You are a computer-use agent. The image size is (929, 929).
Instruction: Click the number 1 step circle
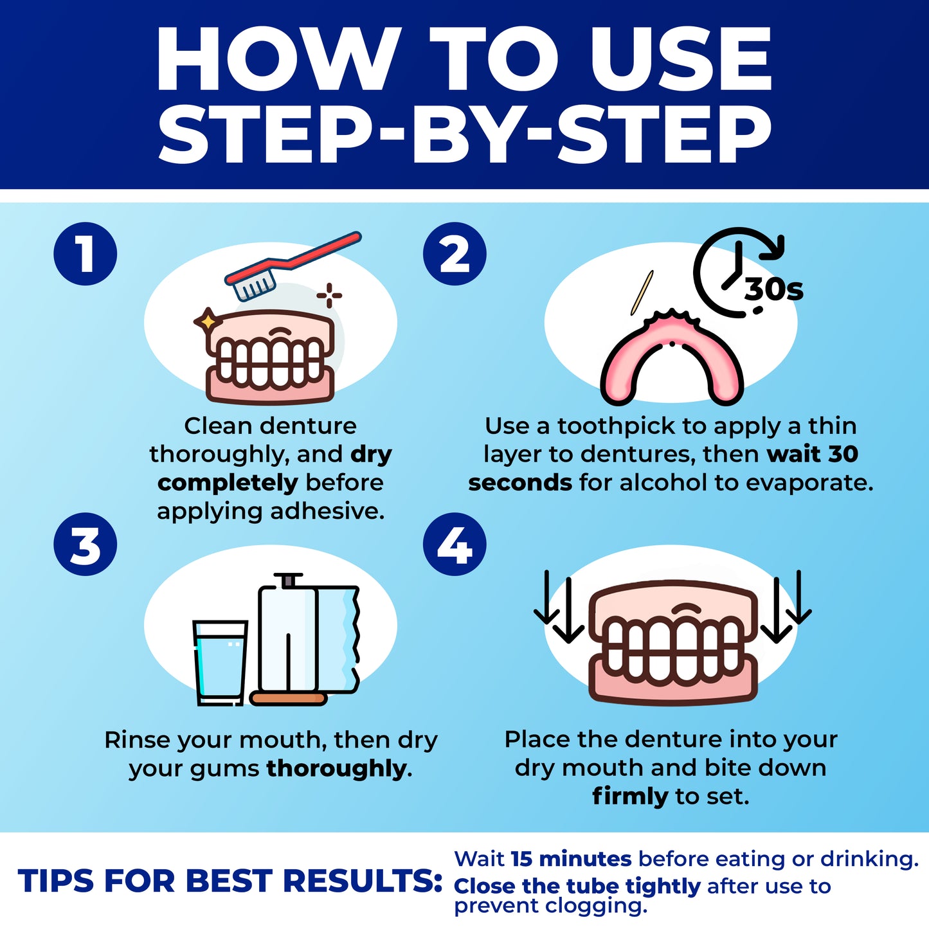tap(85, 254)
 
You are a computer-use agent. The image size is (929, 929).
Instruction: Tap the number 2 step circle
tap(455, 254)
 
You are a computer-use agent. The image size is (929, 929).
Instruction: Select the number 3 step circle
tap(85, 545)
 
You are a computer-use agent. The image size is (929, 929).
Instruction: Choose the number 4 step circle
tap(455, 545)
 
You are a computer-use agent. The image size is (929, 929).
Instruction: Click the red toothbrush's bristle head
tap(254, 284)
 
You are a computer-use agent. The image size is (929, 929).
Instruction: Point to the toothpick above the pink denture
tap(642, 293)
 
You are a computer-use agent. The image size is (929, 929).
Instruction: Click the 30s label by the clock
tap(774, 290)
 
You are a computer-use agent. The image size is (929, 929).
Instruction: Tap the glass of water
tap(221, 662)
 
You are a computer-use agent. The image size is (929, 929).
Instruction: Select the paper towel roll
tap(307, 640)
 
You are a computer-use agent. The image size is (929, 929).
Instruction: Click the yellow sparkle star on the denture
tap(208, 320)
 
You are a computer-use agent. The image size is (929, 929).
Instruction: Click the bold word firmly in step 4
tap(630, 797)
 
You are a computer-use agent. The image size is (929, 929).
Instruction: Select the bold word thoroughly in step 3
tap(336, 768)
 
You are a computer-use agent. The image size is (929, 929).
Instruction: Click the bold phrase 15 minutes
tap(571, 859)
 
